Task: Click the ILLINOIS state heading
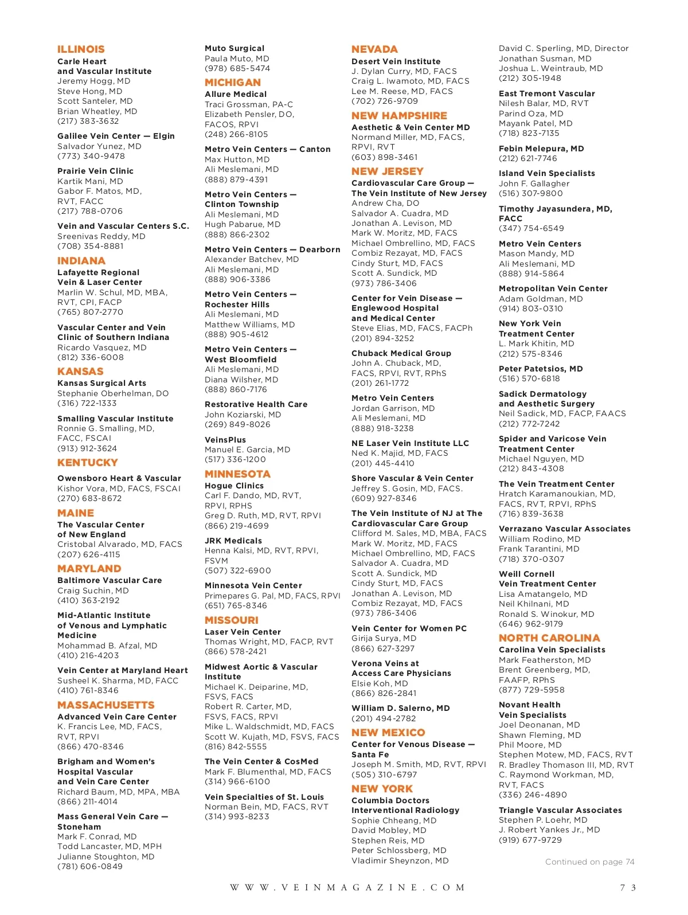coord(81,49)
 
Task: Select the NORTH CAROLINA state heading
coord(549,638)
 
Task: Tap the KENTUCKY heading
coord(87,463)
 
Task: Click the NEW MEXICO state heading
coord(388,733)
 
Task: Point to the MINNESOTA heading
coord(237,474)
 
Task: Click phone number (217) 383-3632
coord(88,121)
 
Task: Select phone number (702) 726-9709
coord(385,101)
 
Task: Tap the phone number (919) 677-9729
coord(530,840)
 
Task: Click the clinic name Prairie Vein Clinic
coord(95,171)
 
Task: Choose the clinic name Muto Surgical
coord(234,49)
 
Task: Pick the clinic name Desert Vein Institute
coord(396,61)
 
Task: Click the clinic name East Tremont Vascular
coord(547,93)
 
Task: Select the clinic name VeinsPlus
coord(225,440)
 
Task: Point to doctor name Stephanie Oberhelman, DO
coord(113,393)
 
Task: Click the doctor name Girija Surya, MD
coord(384,638)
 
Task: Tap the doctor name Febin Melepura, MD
coord(541,148)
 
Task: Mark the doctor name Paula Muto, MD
coord(237,58)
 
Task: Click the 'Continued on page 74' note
coord(589,862)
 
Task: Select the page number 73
coord(628,887)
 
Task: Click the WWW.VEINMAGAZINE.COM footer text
coord(347,887)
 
